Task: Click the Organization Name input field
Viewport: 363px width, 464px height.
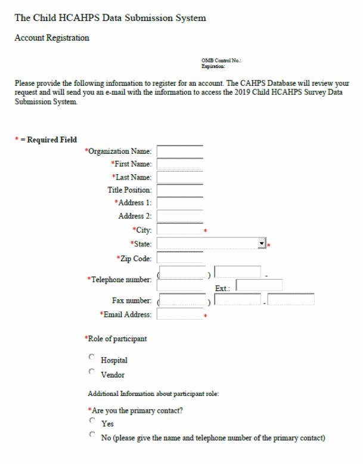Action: point(180,151)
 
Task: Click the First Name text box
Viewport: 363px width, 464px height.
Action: point(180,164)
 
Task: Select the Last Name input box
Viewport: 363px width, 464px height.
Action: point(180,177)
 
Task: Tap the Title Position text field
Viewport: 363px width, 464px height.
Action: point(180,190)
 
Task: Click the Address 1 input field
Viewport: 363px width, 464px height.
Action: point(180,203)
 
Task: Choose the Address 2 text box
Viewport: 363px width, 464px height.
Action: point(180,216)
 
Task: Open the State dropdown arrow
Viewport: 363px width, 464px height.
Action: point(262,243)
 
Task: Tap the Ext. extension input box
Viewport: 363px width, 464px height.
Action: point(259,286)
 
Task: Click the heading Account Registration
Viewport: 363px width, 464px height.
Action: point(52,38)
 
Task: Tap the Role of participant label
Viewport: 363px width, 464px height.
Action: point(117,339)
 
